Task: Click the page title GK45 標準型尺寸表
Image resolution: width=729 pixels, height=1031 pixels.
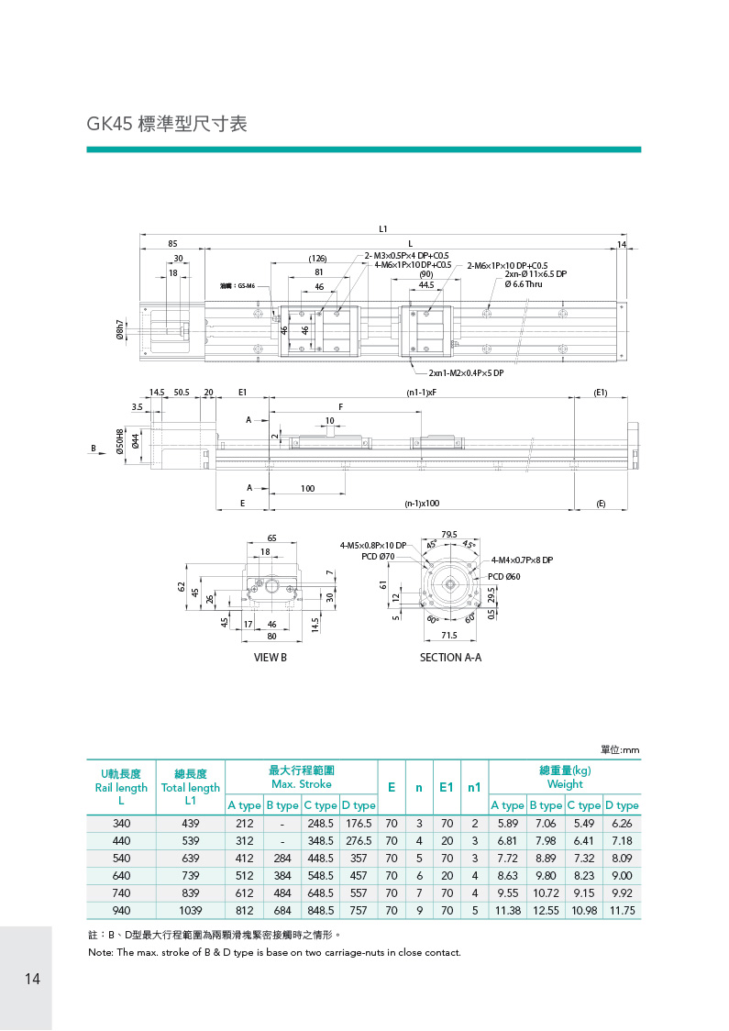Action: click(167, 124)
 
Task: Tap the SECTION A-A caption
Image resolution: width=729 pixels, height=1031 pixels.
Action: click(450, 658)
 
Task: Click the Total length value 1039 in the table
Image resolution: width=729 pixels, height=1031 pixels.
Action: click(190, 911)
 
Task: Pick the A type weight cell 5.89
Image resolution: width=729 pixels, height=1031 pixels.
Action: click(508, 824)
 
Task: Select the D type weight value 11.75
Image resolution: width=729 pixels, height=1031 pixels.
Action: click(622, 911)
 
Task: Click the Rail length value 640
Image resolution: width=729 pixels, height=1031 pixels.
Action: click(121, 876)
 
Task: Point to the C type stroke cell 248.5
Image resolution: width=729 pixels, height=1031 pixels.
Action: click(320, 824)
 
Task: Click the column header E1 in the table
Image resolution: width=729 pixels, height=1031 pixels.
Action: click(447, 787)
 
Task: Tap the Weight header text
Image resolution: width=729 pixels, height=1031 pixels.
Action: click(565, 784)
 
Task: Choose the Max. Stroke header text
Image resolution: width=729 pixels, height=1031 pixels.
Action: click(302, 784)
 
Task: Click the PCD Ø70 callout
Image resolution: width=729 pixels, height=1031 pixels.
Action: click(378, 556)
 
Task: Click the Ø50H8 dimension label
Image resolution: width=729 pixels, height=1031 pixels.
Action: click(119, 442)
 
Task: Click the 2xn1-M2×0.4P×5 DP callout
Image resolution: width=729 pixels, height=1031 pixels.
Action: click(466, 373)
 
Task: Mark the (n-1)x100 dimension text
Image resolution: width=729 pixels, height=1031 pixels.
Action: click(423, 504)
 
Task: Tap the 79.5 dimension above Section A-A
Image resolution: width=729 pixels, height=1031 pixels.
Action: click(449, 534)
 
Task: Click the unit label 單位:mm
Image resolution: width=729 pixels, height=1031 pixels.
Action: click(620, 750)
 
